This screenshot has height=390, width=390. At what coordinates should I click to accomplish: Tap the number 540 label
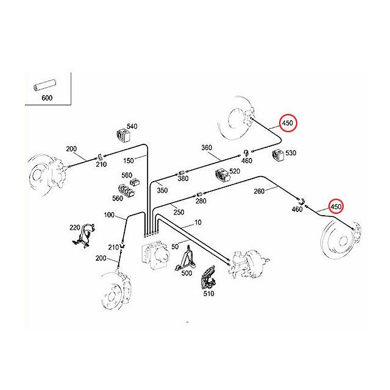[132, 126]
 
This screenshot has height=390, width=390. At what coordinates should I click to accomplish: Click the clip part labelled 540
[121, 136]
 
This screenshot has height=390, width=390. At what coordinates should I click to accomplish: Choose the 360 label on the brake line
[206, 148]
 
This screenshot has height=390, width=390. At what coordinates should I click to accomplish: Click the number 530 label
[291, 153]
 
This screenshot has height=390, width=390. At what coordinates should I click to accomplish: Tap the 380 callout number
[183, 179]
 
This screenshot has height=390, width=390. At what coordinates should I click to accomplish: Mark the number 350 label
[162, 191]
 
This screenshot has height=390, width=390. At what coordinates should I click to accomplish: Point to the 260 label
[258, 191]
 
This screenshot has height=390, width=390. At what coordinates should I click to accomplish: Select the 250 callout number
[179, 212]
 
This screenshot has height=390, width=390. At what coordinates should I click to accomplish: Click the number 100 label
[109, 214]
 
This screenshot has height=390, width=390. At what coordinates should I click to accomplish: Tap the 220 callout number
[74, 227]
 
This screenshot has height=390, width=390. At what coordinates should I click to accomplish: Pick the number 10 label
[198, 223]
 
